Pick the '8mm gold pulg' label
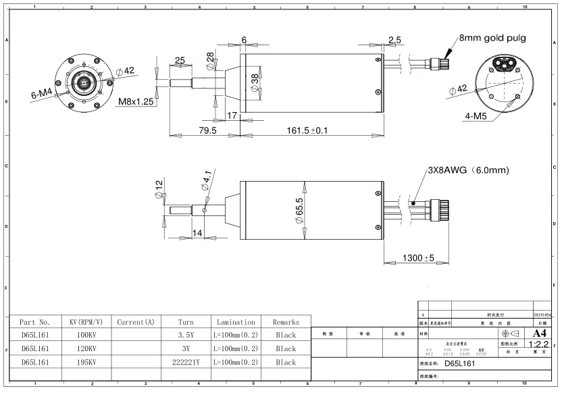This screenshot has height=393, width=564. click(x=492, y=38)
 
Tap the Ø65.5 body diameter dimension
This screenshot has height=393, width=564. click(x=299, y=208)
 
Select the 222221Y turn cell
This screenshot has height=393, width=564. click(x=186, y=362)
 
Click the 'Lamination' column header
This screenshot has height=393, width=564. click(x=235, y=322)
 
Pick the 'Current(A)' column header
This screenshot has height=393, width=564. click(x=135, y=322)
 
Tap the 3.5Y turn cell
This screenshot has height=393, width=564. click(x=186, y=335)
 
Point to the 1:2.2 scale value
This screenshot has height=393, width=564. click(x=540, y=344)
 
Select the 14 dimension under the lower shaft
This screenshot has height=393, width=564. click(x=198, y=232)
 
